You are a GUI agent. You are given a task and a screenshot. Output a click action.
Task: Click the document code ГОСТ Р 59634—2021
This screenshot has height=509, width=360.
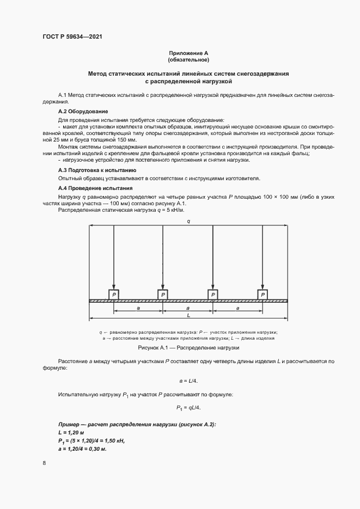point(72,36)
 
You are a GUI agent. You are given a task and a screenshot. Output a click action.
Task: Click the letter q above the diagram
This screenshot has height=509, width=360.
point(188,221)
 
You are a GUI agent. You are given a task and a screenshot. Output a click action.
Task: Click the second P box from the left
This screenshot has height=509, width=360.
point(163,295)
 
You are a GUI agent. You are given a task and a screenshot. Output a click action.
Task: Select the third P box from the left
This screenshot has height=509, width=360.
point(213,295)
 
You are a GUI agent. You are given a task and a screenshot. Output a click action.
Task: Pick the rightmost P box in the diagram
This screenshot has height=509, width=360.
point(263,295)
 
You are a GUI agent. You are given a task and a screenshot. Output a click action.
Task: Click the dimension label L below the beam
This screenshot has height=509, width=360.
point(188,315)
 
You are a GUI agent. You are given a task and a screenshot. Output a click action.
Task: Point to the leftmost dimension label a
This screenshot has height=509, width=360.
point(138,308)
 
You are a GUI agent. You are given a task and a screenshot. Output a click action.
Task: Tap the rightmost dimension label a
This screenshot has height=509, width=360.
point(238,308)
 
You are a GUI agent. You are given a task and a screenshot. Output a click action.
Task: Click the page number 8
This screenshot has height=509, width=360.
point(44,463)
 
